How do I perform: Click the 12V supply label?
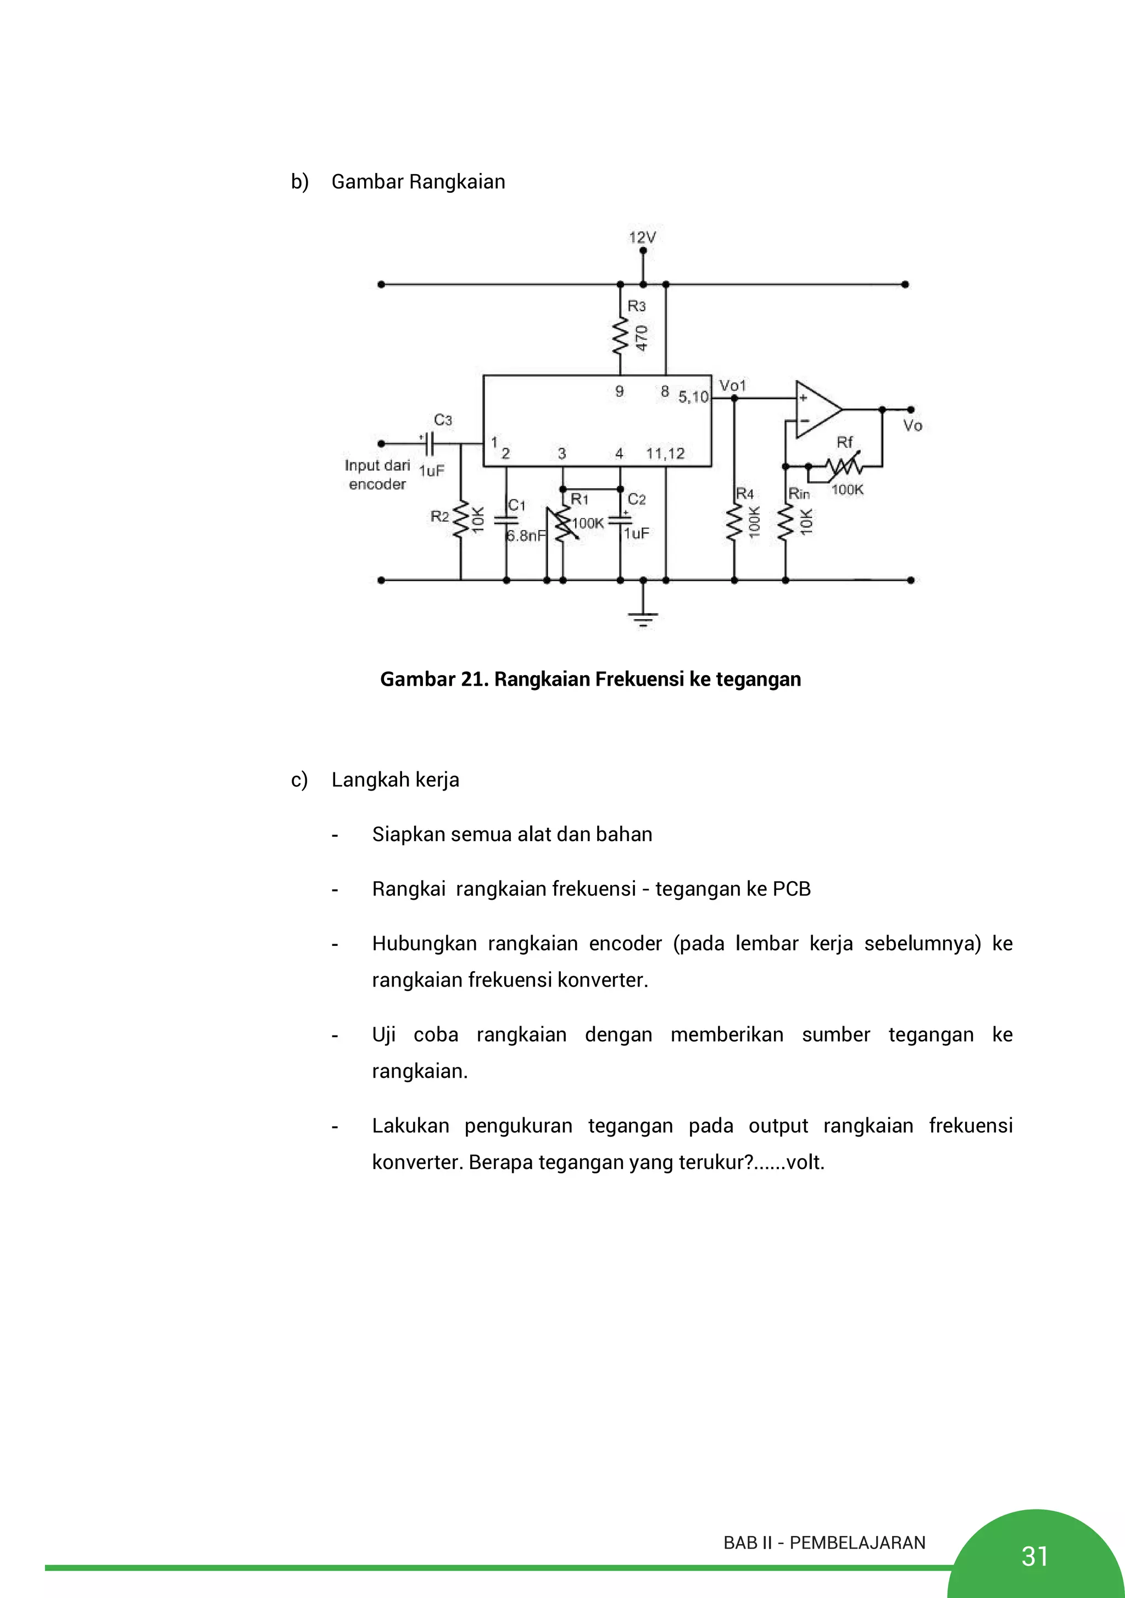tap(642, 237)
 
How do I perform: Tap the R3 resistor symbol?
tap(620, 337)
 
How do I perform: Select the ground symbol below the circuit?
tap(643, 618)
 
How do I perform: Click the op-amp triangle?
tap(817, 409)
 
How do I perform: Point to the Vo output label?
tap(912, 425)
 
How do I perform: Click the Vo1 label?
tap(732, 385)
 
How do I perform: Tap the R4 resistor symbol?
tap(734, 523)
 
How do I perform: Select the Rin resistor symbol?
tap(786, 523)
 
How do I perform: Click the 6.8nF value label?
tap(526, 535)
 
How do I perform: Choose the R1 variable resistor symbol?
tap(562, 527)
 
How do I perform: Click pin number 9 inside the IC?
tap(619, 392)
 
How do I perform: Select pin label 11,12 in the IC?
tap(665, 454)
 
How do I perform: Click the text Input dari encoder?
tap(377, 475)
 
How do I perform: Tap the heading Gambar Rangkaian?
tap(417, 182)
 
